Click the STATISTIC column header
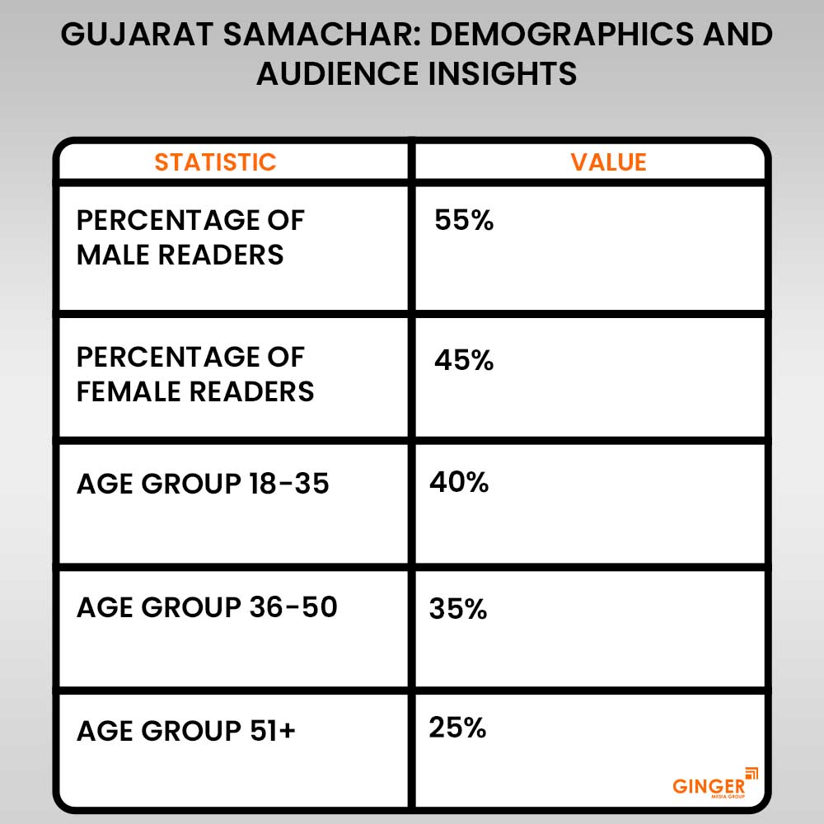pyautogui.click(x=215, y=162)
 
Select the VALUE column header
pyautogui.click(x=608, y=162)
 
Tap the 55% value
pyautogui.click(x=464, y=221)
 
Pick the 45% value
pyautogui.click(x=464, y=360)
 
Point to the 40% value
pyautogui.click(x=459, y=482)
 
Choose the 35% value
pyautogui.click(x=458, y=610)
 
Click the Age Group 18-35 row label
pyautogui.click(x=203, y=484)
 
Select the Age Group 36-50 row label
pyautogui.click(x=207, y=608)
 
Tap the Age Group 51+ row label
pyautogui.click(x=185, y=731)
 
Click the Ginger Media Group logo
pyautogui.click(x=713, y=783)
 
